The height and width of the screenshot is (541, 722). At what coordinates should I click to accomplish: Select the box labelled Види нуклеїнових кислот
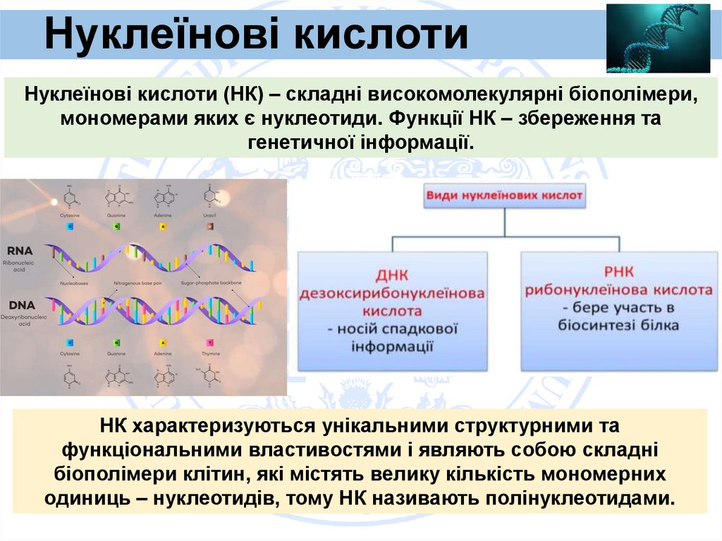[504, 195]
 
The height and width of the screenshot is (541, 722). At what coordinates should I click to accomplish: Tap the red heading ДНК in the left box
[393, 274]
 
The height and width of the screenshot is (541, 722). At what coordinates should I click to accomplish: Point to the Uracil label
[209, 214]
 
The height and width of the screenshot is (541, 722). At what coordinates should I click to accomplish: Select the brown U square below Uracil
[209, 226]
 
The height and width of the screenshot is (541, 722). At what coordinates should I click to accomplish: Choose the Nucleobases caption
[74, 282]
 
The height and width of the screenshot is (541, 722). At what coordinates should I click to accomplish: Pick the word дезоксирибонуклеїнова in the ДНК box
[393, 293]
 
